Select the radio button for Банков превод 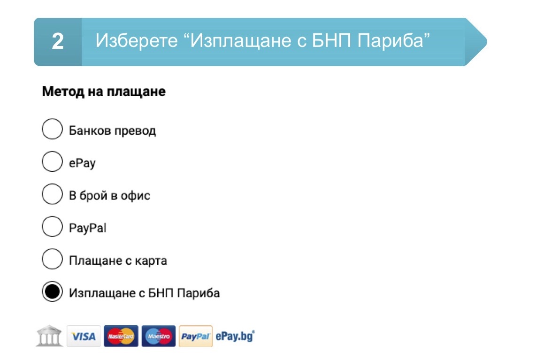point(52,129)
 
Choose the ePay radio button point(52,161)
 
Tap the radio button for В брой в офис point(52,194)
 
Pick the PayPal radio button point(52,226)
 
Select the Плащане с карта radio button point(52,259)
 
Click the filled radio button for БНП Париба point(52,291)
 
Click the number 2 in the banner point(58,41)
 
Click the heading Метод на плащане point(104,92)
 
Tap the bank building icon point(49,336)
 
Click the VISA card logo point(84,336)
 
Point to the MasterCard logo point(121,336)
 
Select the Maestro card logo point(159,336)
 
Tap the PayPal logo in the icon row point(196,336)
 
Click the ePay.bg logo point(235,337)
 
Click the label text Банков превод point(113,131)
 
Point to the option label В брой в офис point(110,195)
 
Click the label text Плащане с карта point(118,260)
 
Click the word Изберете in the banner point(137,41)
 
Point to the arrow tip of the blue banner point(486,41)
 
